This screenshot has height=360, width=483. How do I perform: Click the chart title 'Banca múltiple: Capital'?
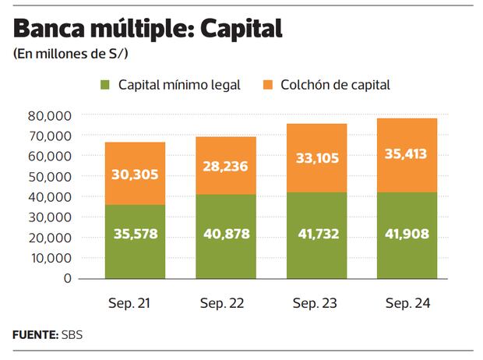[147, 30]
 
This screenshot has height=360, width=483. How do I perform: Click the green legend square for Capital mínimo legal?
[104, 84]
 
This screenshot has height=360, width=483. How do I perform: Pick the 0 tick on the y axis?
[68, 278]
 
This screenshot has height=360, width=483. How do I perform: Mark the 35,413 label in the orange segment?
[406, 154]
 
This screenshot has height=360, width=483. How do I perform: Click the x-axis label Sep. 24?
[406, 302]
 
